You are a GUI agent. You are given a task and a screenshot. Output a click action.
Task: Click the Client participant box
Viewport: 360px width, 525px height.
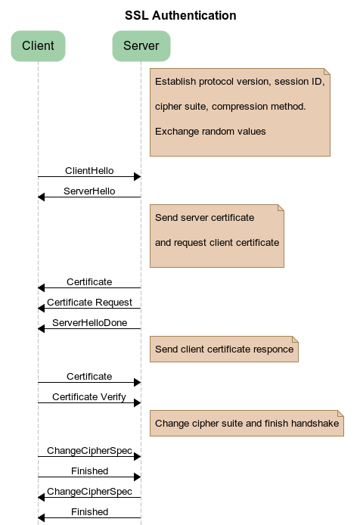[x=38, y=45]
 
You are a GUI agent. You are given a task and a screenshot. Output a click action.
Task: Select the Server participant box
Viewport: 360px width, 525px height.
[x=141, y=45]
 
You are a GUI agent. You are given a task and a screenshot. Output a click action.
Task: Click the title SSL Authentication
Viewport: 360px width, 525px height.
[x=180, y=15]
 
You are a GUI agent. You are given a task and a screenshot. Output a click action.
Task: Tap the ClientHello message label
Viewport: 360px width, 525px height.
[x=89, y=171]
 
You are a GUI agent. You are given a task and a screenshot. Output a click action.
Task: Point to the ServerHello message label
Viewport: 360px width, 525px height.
[x=89, y=191]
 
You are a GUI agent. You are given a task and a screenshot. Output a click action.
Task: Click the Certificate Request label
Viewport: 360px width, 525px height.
[x=89, y=302]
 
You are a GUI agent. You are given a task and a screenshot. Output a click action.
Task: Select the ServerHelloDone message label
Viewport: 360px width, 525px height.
[x=89, y=323]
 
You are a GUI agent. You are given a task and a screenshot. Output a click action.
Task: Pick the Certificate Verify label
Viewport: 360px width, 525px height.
[x=89, y=396]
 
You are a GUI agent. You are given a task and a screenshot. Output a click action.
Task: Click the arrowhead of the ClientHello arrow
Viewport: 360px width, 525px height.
[x=137, y=176]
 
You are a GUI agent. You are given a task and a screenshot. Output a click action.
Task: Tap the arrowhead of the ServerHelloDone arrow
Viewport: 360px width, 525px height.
[x=42, y=328]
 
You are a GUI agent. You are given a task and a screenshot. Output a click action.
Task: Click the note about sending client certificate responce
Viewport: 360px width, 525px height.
[x=224, y=349]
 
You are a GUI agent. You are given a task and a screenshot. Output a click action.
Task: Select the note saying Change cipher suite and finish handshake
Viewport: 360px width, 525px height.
[x=247, y=423]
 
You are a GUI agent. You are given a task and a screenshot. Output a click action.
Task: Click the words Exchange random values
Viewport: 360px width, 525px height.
[x=210, y=132]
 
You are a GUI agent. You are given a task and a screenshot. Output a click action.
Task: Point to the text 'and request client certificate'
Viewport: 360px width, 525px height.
[x=217, y=243]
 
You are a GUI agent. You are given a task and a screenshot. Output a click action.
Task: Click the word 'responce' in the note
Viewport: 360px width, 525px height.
[x=275, y=349]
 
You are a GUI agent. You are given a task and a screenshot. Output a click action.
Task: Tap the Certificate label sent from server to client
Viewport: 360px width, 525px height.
[x=89, y=281]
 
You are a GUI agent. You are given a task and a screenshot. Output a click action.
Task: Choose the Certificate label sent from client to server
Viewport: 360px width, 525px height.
[x=89, y=376]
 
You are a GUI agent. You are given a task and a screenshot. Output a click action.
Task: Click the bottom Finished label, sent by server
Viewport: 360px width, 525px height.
[x=89, y=512]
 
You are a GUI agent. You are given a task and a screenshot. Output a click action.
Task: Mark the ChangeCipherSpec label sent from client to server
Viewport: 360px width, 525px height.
[x=89, y=450]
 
